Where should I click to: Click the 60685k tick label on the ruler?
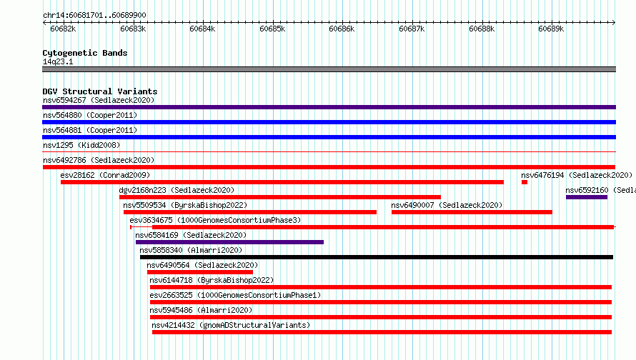(x=272, y=29)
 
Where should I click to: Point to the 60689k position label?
(x=551, y=29)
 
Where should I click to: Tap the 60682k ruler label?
(x=63, y=29)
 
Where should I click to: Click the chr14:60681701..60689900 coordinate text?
(x=94, y=16)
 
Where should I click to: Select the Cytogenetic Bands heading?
(x=85, y=53)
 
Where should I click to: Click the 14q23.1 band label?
(x=58, y=61)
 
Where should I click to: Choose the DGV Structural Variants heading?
(x=100, y=91)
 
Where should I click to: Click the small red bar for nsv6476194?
(x=525, y=182)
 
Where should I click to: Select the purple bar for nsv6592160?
(x=587, y=197)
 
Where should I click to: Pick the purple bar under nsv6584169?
(x=229, y=242)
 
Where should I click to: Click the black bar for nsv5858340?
(x=377, y=257)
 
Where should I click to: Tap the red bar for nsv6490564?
(x=200, y=272)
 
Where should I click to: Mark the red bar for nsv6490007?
(x=472, y=212)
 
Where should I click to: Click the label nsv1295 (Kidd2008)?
(x=81, y=145)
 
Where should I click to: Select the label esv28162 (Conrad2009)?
(x=105, y=175)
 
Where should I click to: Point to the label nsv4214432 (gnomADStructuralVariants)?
(x=231, y=325)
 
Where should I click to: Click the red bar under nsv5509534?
(x=250, y=212)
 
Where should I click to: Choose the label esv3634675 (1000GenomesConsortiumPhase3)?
(x=215, y=220)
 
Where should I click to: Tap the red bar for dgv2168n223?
(x=280, y=197)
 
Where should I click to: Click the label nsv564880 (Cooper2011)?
(x=90, y=115)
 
